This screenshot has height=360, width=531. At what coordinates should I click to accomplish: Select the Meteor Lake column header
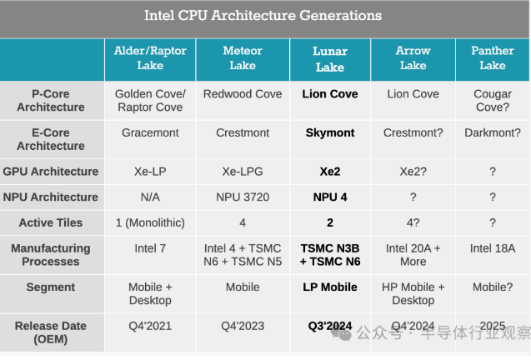click(x=243, y=58)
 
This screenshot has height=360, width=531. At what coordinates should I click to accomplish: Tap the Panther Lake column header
click(x=492, y=58)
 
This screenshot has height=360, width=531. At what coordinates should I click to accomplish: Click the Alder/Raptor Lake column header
click(x=150, y=58)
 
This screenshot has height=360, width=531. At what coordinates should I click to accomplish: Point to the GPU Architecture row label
click(x=51, y=172)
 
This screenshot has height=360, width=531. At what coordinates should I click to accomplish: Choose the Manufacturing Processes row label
click(x=51, y=255)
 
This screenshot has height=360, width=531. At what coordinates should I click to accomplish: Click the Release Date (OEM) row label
click(x=51, y=333)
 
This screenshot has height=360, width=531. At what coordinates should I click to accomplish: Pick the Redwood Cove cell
click(x=243, y=94)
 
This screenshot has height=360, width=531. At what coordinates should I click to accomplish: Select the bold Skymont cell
click(x=330, y=132)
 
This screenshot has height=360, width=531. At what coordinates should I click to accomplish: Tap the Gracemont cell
click(x=150, y=132)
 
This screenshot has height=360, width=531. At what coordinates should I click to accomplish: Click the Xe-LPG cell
click(x=243, y=172)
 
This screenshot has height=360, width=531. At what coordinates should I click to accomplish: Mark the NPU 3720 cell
click(x=243, y=197)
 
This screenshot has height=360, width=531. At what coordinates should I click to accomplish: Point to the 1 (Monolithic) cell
click(x=150, y=223)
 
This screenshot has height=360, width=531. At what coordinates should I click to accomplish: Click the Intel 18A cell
click(x=492, y=248)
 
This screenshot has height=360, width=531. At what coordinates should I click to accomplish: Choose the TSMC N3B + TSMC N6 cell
click(x=330, y=255)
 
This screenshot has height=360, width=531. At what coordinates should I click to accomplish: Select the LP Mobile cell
click(x=330, y=287)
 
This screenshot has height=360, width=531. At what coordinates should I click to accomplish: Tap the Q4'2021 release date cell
click(x=150, y=327)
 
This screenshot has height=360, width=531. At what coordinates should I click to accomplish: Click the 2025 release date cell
click(x=492, y=327)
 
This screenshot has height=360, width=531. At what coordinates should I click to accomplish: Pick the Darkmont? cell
click(x=492, y=132)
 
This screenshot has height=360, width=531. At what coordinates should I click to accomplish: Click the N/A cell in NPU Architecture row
click(x=150, y=197)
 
